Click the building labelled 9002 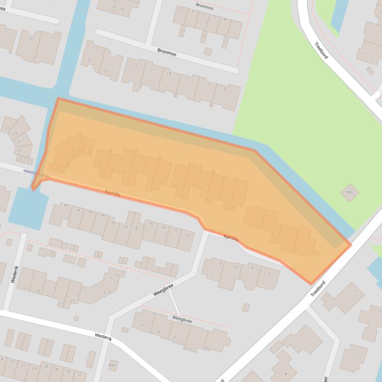click(350, 192)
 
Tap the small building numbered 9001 click(113, 365)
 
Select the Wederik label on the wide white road click(104, 337)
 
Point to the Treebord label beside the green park click(321, 50)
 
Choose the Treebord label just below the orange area click(318, 289)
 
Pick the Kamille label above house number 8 click(231, 238)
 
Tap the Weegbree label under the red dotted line click(182, 320)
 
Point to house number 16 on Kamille click(151, 224)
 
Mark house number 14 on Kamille click(163, 227)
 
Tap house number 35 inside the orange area click(80, 152)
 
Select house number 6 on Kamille click(235, 267)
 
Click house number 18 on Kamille click(135, 228)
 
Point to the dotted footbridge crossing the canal click(36, 173)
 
